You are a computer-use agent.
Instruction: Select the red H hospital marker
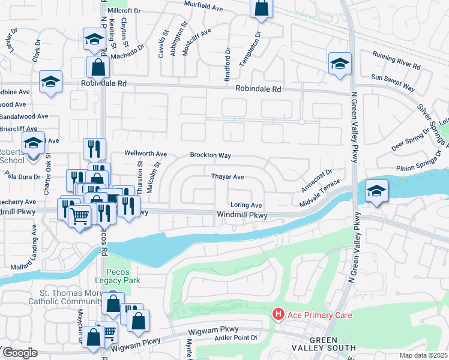pyautogui.click(x=278, y=314)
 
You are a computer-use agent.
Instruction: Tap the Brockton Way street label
pyautogui.click(x=211, y=155)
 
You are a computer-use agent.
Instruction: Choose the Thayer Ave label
pyautogui.click(x=228, y=177)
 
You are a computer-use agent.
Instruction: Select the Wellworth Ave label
pyautogui.click(x=145, y=154)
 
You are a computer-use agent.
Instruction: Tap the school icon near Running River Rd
pyautogui.click(x=339, y=64)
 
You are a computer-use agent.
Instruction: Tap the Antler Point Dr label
pyautogui.click(x=236, y=338)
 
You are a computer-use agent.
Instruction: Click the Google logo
pyautogui.click(x=20, y=353)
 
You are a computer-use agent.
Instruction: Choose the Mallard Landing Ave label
pyautogui.click(x=34, y=247)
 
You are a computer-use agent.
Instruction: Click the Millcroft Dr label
pyautogui.click(x=123, y=11)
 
